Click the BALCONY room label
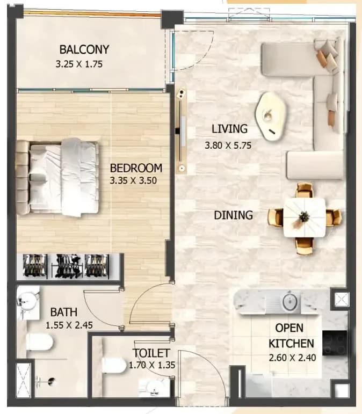(84, 49)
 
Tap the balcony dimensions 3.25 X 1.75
(79, 64)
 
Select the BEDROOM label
(136, 168)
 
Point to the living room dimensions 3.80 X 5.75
(228, 146)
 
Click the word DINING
(234, 215)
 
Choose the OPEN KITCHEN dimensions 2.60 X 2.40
(292, 358)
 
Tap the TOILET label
(151, 353)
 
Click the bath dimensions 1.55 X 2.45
(69, 325)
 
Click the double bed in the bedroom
(57, 177)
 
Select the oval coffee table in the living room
(271, 116)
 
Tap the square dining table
(305, 217)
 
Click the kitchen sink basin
(290, 301)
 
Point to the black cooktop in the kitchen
(335, 343)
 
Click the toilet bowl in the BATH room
(40, 343)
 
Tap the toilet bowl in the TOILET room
(114, 365)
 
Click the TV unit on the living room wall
(181, 130)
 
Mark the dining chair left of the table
(276, 217)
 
